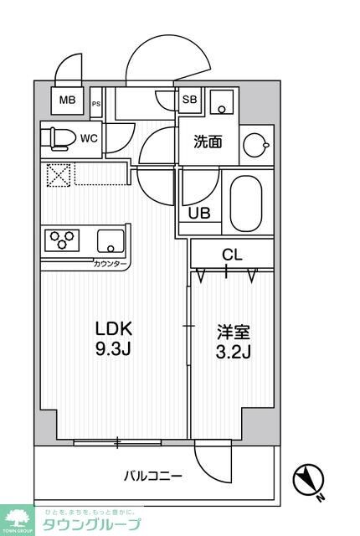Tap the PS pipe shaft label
pos(96,104)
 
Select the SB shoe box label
pos(190,99)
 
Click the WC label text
pos(90,137)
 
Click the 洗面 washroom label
pos(208,142)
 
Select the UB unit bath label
pos(199,213)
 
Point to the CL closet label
pos(232,252)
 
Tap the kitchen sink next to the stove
pos(108,241)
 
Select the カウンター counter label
pos(111,264)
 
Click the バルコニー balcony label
pos(153,476)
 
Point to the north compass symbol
pos(308,481)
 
